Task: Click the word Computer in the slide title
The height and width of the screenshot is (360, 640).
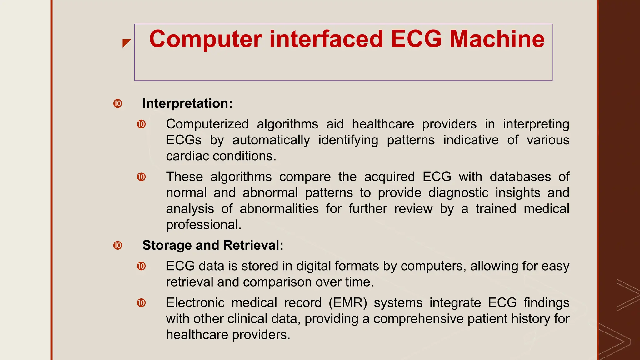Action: (205, 39)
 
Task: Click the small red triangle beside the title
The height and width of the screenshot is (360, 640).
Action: (126, 43)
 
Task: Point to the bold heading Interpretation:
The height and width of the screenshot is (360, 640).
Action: (187, 103)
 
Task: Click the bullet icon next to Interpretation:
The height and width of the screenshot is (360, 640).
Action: (118, 103)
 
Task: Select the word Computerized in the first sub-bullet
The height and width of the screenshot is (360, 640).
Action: (207, 124)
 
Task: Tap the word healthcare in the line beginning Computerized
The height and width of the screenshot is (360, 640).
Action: (383, 124)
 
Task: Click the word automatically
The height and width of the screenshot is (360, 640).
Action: (271, 140)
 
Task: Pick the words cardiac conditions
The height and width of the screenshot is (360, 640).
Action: (221, 156)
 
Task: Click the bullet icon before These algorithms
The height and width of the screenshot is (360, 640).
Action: (142, 177)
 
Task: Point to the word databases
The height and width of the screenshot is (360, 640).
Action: (520, 177)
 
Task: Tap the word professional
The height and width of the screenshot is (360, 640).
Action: (203, 225)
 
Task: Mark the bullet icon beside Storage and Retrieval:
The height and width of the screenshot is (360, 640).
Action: (118, 245)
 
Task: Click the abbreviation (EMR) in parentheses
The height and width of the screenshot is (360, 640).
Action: (347, 303)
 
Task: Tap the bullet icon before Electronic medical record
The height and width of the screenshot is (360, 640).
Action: (142, 303)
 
